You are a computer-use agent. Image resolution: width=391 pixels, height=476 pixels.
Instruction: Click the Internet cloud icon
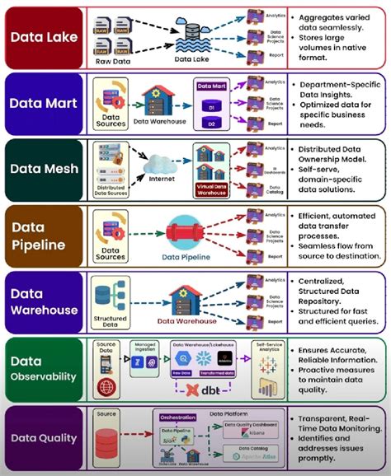point(161,163)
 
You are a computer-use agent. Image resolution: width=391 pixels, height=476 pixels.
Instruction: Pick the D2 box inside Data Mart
point(212,123)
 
